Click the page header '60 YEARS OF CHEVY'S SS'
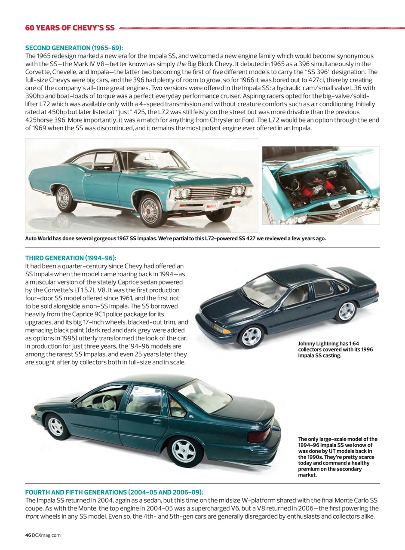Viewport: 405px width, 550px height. (x=70, y=28)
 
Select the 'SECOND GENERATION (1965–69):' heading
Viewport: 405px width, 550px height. (x=77, y=48)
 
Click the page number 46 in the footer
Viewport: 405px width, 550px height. (x=28, y=535)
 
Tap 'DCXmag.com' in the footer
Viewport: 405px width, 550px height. (x=46, y=535)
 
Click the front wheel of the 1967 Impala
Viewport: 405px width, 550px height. (x=150, y=210)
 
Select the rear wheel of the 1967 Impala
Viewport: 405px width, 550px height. (x=63, y=198)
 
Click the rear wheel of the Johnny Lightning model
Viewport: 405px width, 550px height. (x=347, y=311)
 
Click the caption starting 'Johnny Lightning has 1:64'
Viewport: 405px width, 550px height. (x=335, y=349)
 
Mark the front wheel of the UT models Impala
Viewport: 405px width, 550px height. (x=56, y=426)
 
